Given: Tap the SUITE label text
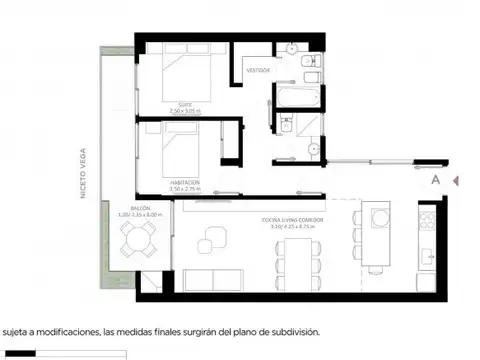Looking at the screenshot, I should click(188, 104).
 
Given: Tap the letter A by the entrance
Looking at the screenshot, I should click(435, 181).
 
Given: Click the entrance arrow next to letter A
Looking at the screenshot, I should click(455, 181).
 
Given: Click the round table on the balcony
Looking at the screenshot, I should click(136, 240).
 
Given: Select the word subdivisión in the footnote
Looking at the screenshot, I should click(290, 331).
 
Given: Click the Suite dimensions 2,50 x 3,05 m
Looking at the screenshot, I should click(188, 111).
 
